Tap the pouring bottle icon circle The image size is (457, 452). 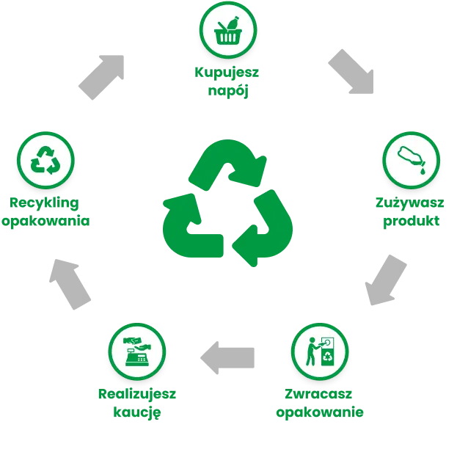[412, 161]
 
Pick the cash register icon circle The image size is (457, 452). [136, 351]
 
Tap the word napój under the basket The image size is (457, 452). [228, 90]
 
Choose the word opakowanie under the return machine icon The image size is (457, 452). [319, 411]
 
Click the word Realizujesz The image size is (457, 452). [136, 393]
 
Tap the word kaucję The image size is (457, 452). [136, 411]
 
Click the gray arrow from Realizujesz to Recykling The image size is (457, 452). [70, 283]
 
